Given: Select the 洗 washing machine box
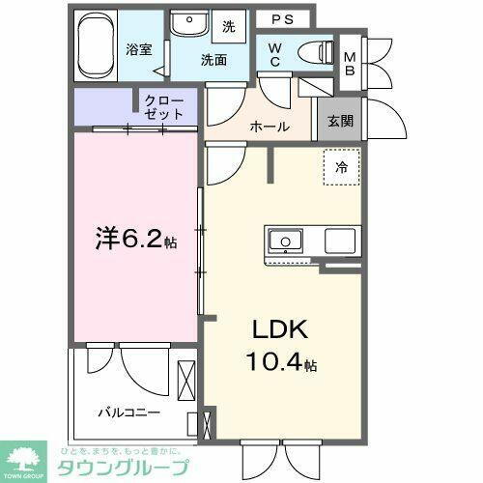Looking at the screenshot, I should click(x=230, y=26).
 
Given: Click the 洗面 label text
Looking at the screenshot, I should click(x=214, y=59).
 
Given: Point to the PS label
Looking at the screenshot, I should click(x=283, y=17).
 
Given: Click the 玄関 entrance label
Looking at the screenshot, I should click(x=339, y=121).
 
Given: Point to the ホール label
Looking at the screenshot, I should click(x=270, y=127).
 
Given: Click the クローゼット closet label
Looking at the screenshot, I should click(x=164, y=105).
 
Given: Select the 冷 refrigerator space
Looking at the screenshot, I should click(x=341, y=168).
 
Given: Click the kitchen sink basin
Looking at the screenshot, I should click(x=286, y=241).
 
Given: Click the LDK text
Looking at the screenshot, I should click(x=280, y=331).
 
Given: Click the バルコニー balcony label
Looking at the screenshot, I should click(x=128, y=412).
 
